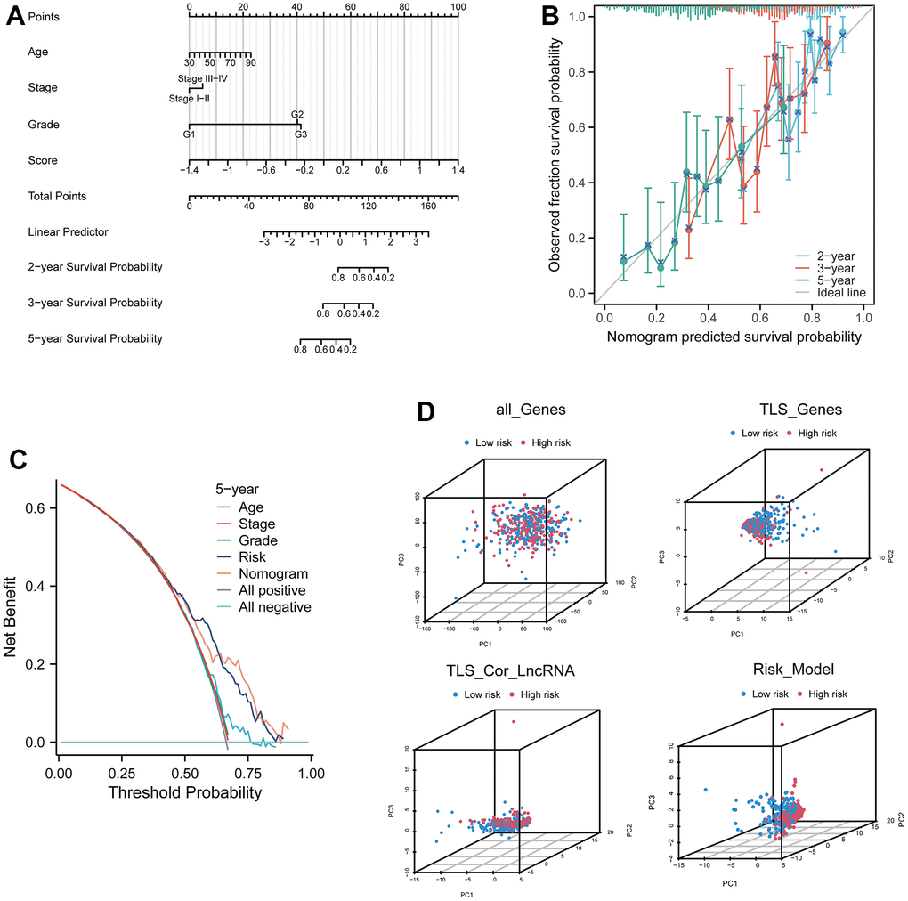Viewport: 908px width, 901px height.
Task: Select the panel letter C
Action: [x=15, y=459]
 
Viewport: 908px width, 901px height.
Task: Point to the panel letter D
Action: [x=428, y=415]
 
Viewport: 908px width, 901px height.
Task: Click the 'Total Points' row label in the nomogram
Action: [x=58, y=196]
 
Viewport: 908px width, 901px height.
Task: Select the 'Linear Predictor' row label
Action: [x=68, y=231]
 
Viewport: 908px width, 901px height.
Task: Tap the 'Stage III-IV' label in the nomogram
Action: [x=205, y=79]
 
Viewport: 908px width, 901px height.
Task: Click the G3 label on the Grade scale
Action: [x=301, y=134]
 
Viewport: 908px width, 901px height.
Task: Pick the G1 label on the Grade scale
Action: [x=189, y=134]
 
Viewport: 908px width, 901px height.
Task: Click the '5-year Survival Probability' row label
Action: [x=95, y=338]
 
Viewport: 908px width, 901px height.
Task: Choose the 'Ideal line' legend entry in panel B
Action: [x=843, y=292]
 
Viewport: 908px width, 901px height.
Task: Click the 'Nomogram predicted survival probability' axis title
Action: [x=734, y=337]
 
